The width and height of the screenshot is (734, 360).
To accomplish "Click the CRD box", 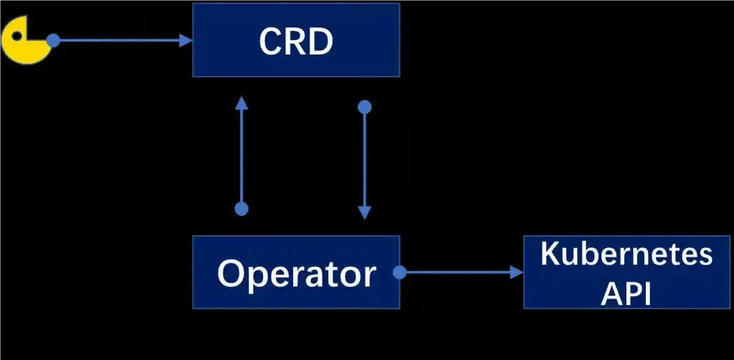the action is pyautogui.click(x=296, y=39).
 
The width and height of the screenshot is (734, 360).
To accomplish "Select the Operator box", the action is pyautogui.click(x=296, y=272).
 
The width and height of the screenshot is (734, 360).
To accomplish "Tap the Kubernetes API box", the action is pyautogui.click(x=626, y=272).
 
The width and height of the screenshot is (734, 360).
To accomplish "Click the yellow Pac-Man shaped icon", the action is pyautogui.click(x=25, y=40).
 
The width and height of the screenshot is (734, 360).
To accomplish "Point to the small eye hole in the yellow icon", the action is pyautogui.click(x=16, y=36).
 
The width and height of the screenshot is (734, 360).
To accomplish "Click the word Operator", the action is pyautogui.click(x=296, y=274).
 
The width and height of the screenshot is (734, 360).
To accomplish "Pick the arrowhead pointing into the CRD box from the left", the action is pyautogui.click(x=186, y=40).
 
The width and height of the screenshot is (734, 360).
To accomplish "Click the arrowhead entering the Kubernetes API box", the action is pyautogui.click(x=517, y=272).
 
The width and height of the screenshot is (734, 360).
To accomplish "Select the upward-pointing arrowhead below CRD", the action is pyautogui.click(x=242, y=103).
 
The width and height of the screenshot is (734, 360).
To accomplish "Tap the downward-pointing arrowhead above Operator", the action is pyautogui.click(x=364, y=213).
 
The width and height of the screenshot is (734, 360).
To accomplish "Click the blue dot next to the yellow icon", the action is pyautogui.click(x=53, y=40).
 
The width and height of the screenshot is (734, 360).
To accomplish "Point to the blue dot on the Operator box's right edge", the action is pyautogui.click(x=399, y=272).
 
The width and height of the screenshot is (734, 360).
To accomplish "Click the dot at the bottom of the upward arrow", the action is pyautogui.click(x=242, y=209).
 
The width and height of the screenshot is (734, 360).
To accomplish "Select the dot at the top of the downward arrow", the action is pyautogui.click(x=364, y=107).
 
